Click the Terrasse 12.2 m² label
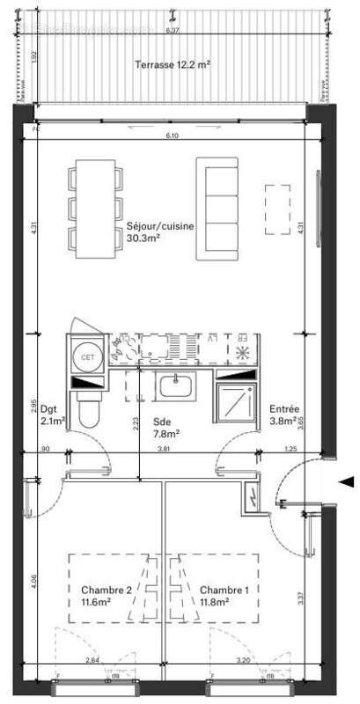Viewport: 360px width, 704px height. point(172,65)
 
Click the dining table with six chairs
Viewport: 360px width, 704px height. point(96,209)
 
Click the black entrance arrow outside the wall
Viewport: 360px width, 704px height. point(347,481)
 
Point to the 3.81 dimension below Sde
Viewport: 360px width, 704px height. point(163,450)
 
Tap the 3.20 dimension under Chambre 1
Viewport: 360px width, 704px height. point(242,660)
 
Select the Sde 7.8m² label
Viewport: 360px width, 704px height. point(166,427)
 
